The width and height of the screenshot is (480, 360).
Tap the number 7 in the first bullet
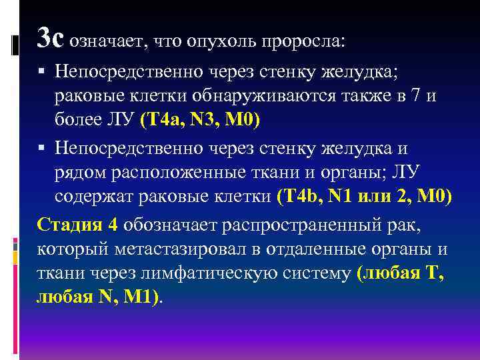pos(416,95)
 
